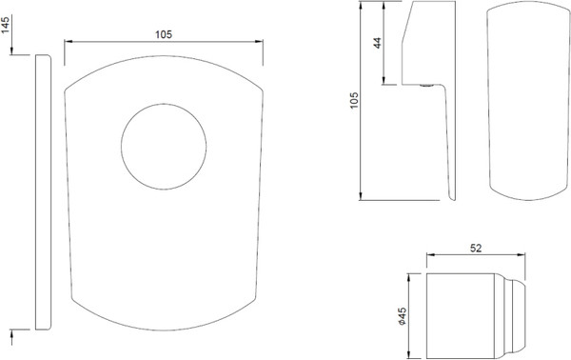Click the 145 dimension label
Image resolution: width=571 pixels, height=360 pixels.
[6, 25]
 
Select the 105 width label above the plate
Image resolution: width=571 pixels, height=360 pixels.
[164, 34]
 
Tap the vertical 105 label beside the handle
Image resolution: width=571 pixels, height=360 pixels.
[354, 100]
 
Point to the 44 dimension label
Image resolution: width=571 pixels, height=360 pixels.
[378, 43]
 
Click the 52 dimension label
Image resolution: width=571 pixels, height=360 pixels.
[476, 249]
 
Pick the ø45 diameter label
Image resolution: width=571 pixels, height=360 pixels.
[402, 316]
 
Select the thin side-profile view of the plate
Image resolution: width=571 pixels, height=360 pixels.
[44, 192]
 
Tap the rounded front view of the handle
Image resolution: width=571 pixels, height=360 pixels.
[528, 101]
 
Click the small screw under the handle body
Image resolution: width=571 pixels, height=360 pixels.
[426, 86]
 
